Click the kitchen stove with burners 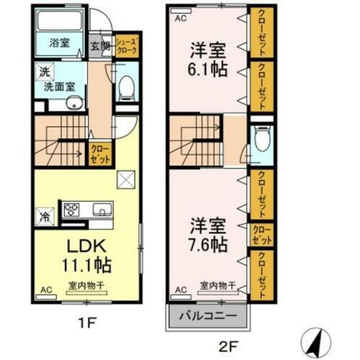pos(73,210)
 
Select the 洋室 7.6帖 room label pos(205,233)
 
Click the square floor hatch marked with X pos(125,178)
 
